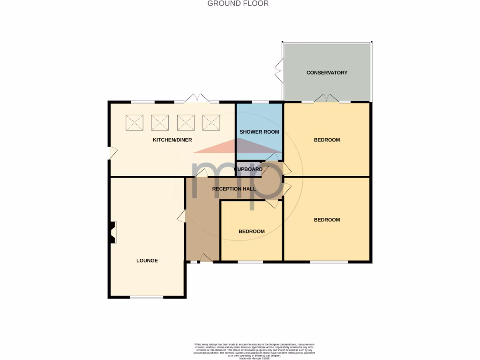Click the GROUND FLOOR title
[238, 4]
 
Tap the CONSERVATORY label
[327, 73]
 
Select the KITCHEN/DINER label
[172, 140]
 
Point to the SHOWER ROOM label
[259, 132]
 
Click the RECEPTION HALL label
[234, 189]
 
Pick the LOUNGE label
[147, 261]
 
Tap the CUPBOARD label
[248, 169]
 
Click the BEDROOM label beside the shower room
[327, 140]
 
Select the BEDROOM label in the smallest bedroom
[252, 232]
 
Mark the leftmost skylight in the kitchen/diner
[135, 123]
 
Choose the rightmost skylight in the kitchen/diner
[211, 123]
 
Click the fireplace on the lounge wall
[112, 233]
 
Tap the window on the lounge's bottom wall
[147, 297]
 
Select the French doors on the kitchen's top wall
[198, 99]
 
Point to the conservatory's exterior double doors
[279, 71]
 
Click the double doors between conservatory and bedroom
[326, 98]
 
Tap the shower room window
[260, 102]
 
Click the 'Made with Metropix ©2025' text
[255, 359]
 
